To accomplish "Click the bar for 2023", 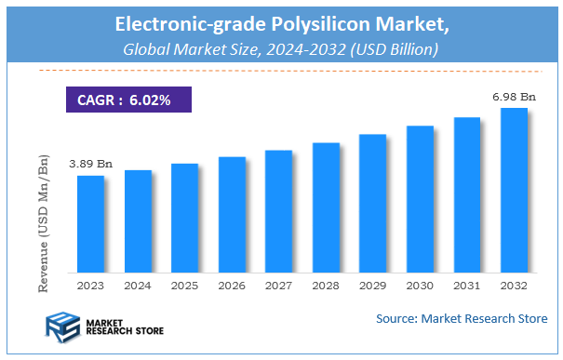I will click(90, 224).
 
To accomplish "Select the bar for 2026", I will click(232, 215).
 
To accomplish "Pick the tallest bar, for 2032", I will click(515, 191).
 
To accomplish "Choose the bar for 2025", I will click(184, 219).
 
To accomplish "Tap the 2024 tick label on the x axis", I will click(138, 286).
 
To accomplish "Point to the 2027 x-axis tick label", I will click(278, 286).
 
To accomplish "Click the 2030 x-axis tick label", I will click(420, 286).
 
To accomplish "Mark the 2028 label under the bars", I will click(326, 286).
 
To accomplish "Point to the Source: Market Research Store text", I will click(462, 319).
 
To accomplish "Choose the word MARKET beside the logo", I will click(105, 322).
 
